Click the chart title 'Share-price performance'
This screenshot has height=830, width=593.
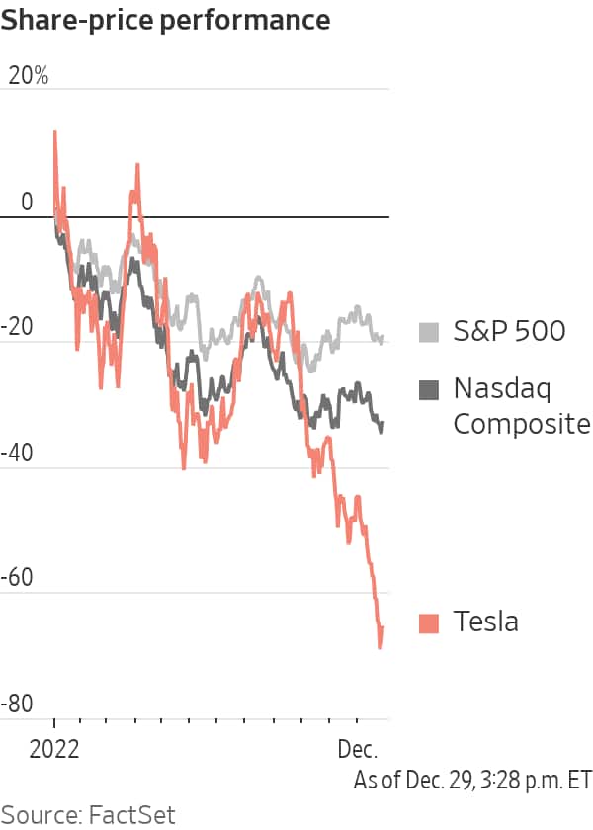coord(165,19)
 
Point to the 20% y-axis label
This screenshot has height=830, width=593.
coord(28,76)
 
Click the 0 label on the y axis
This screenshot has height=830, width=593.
coord(26,203)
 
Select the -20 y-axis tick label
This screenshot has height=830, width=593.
coord(20,328)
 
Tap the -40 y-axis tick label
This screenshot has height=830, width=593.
coord(20,454)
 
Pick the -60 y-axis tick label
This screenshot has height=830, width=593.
coord(20,579)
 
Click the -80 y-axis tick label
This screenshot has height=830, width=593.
coord(20,705)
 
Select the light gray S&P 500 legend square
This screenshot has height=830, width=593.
coord(429,332)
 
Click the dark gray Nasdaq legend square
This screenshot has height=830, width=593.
coord(429,389)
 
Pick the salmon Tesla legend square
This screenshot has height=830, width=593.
coord(429,622)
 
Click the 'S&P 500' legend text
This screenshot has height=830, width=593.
coord(509,331)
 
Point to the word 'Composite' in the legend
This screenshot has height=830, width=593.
coord(521,424)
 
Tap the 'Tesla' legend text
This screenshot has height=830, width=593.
coord(485,622)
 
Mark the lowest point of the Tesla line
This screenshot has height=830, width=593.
coord(380,647)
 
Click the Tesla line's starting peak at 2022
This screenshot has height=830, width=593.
coord(54,131)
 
